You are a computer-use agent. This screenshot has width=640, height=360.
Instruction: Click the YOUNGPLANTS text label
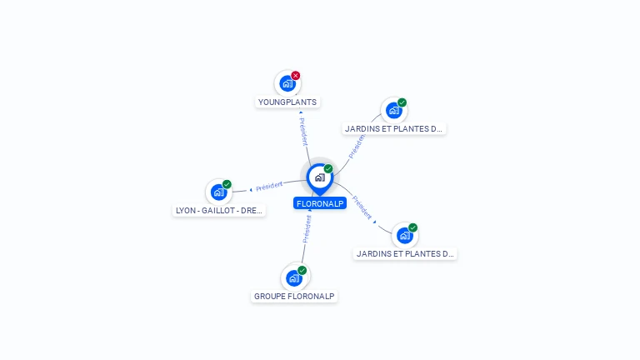click(x=287, y=102)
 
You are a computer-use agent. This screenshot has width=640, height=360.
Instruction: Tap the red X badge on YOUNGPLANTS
click(x=296, y=76)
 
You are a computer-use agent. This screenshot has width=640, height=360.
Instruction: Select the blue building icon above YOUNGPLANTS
click(x=287, y=83)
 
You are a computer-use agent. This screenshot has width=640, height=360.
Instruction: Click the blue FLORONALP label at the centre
click(x=320, y=203)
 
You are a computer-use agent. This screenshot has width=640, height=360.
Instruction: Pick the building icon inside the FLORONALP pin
click(x=320, y=177)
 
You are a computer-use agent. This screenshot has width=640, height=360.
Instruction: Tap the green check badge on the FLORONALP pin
click(x=328, y=168)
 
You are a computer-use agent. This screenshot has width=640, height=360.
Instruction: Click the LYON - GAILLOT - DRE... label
click(x=219, y=211)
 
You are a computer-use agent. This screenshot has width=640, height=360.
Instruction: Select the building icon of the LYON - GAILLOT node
click(x=219, y=192)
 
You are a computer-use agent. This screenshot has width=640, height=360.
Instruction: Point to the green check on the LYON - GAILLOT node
click(x=227, y=184)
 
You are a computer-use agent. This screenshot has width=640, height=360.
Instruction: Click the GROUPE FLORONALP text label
click(x=294, y=297)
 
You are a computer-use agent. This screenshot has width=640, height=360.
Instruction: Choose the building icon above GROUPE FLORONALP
click(x=294, y=278)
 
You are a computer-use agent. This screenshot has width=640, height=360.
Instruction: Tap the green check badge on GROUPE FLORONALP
click(x=302, y=270)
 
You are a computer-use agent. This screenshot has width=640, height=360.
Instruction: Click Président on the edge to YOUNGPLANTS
click(x=303, y=132)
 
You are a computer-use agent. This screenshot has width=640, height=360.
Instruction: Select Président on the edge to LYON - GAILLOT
click(x=269, y=187)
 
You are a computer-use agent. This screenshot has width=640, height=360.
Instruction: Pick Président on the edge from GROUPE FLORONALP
click(x=307, y=229)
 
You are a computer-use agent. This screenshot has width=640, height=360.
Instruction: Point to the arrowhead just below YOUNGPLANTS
click(x=301, y=112)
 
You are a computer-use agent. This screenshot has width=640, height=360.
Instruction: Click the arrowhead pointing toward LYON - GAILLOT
click(x=251, y=190)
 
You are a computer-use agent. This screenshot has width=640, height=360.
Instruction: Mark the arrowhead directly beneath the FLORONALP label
click(x=310, y=210)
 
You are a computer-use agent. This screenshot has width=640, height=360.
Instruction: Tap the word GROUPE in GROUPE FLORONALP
click(x=267, y=297)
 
